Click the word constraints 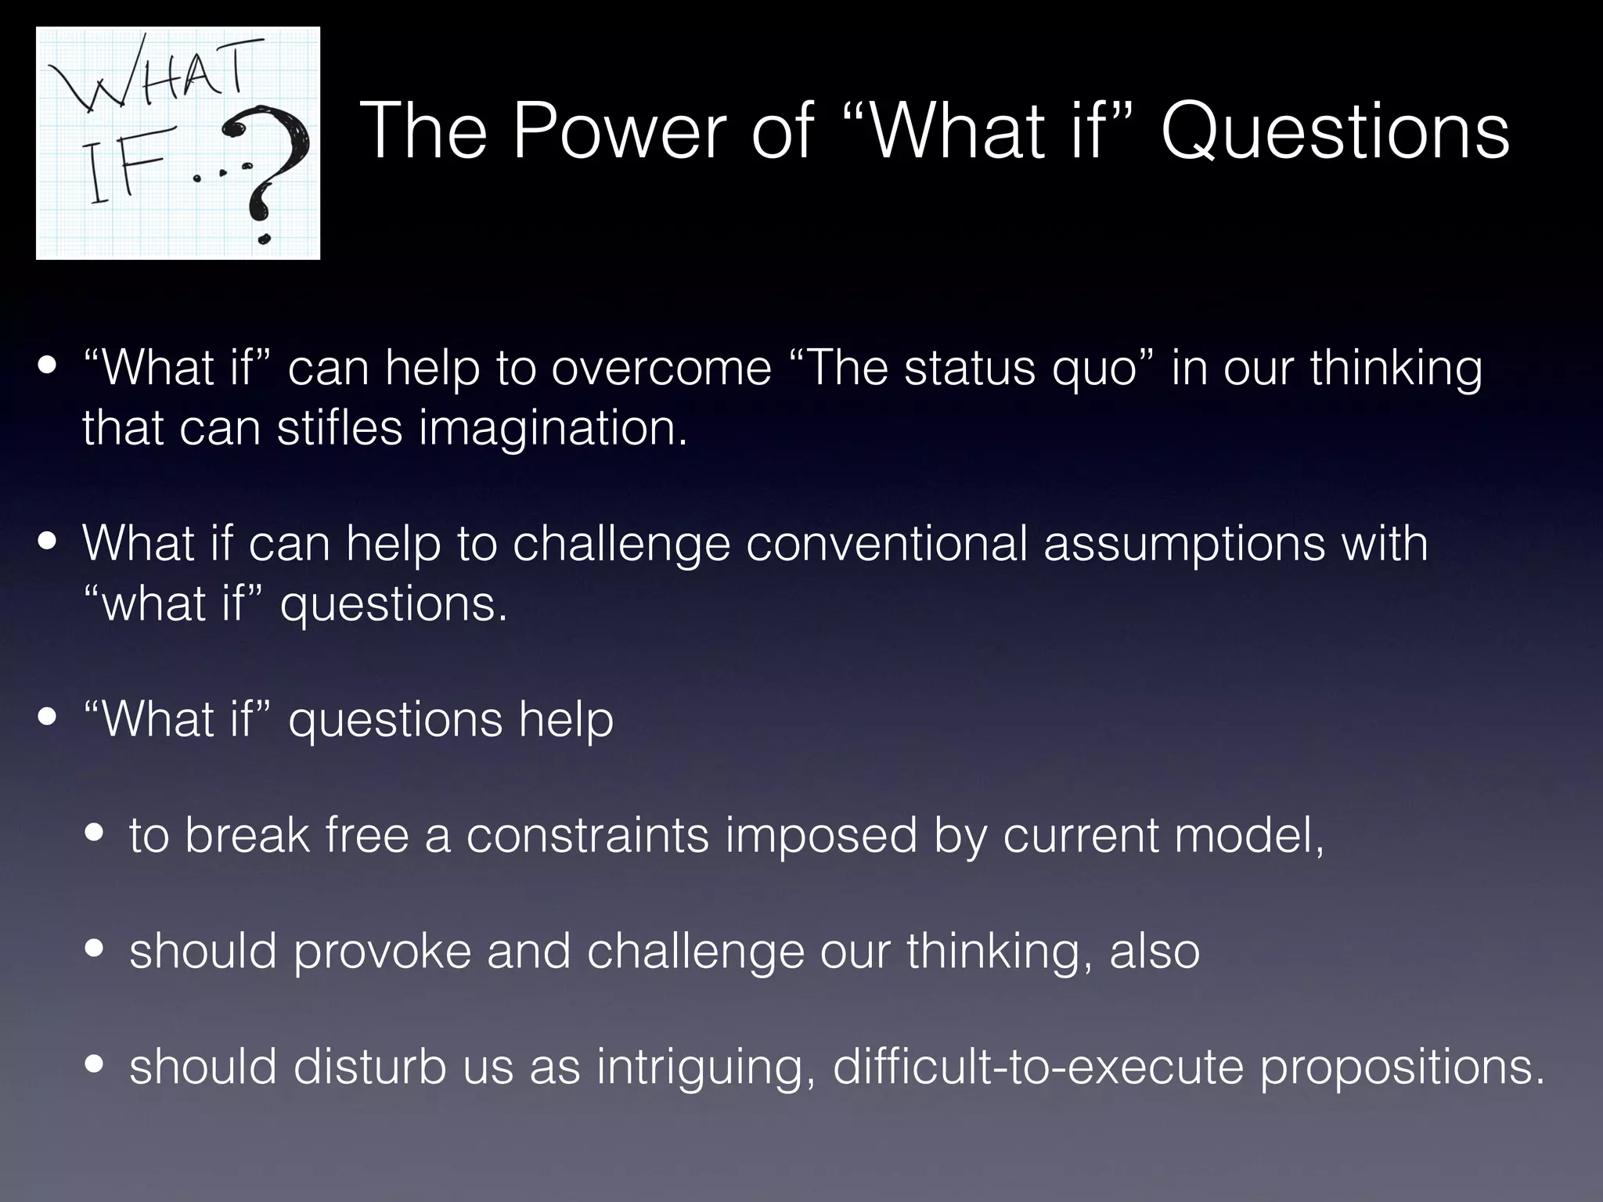click(588, 835)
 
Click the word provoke click(383, 952)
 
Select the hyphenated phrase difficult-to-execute click(1038, 1067)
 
